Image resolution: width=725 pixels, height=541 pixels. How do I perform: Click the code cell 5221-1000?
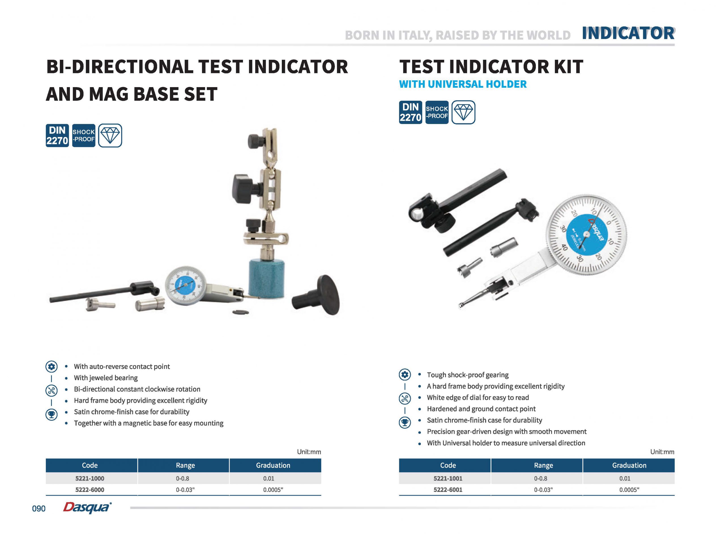point(89,478)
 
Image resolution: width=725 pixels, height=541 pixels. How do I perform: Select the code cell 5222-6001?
point(448,490)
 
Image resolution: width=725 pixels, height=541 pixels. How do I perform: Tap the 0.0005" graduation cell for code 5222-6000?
point(273,490)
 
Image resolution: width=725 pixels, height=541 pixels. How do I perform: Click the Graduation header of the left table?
point(273,465)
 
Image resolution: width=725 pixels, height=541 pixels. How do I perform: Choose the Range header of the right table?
point(543,465)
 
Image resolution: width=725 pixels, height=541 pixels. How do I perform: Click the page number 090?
point(39,508)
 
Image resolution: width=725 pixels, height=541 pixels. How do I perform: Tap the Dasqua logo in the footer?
point(87,508)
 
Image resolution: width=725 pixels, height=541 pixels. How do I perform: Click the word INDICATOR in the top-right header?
point(628,33)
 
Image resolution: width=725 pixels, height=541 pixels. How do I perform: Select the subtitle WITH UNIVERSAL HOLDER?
point(463,84)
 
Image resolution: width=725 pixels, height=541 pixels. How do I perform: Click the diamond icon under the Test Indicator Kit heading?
point(463,112)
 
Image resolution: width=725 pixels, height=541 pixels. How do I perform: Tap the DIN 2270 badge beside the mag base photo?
point(57,136)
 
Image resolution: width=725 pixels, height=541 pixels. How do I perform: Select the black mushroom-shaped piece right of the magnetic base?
point(316,295)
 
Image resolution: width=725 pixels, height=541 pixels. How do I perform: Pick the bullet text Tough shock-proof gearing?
point(468,375)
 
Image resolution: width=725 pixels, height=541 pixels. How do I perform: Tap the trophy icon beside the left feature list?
point(52,414)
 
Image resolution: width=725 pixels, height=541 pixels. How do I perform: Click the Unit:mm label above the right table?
point(662,452)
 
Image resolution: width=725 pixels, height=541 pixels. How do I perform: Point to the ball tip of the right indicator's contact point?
point(460,305)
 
